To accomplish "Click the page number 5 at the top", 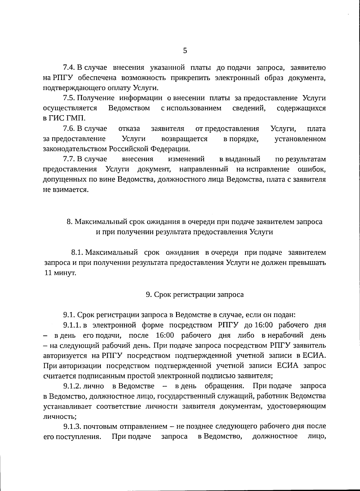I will click(x=185, y=51).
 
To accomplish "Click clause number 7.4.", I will click(x=69, y=68).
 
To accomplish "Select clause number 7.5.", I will click(x=69, y=98).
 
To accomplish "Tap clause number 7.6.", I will click(x=69, y=129).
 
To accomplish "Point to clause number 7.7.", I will click(x=69, y=159).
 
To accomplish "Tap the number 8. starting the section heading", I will click(x=69, y=222).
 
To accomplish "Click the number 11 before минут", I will click(x=48, y=273).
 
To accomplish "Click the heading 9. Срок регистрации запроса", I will click(x=195, y=294).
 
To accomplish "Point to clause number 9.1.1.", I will click(x=72, y=325).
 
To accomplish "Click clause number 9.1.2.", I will click(x=72, y=386).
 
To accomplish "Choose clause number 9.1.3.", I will click(x=72, y=426).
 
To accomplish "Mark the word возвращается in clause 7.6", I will click(x=184, y=139).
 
